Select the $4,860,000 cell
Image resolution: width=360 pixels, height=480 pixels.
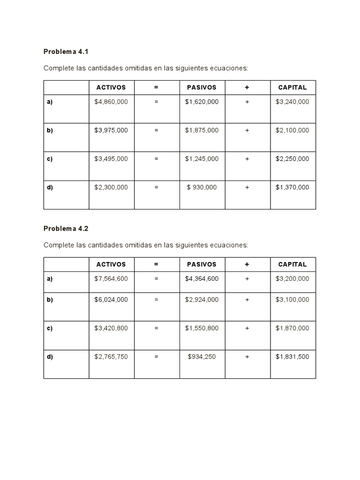(x=111, y=102)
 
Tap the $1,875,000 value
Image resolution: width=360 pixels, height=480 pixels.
(x=202, y=130)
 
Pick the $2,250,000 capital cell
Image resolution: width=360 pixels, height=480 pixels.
(x=292, y=159)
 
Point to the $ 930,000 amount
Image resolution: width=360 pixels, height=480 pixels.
(x=202, y=187)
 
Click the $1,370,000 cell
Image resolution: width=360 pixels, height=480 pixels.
(x=292, y=187)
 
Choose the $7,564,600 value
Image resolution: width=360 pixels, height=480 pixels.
(x=111, y=278)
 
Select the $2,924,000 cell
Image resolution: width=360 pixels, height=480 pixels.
(x=202, y=300)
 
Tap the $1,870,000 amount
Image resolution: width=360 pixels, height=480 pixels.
(x=292, y=328)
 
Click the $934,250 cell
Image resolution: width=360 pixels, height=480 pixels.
(x=202, y=357)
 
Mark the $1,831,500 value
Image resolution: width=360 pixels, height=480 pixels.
(x=292, y=357)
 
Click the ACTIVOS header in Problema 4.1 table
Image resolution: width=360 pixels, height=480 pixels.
(x=111, y=87)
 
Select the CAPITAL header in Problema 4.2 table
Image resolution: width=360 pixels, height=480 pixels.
(x=292, y=264)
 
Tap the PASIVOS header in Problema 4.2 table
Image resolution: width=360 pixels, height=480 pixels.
(x=202, y=264)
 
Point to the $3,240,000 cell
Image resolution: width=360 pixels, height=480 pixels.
(x=292, y=102)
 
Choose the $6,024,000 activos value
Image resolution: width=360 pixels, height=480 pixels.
(x=111, y=300)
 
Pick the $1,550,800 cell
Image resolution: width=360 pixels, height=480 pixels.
(x=202, y=328)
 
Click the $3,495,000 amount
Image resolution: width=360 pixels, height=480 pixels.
(x=111, y=159)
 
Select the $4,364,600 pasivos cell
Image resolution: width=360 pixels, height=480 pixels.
(x=202, y=278)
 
